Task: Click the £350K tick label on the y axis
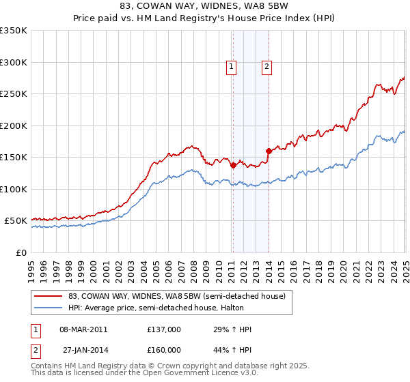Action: (14, 31)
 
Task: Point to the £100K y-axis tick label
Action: (14, 189)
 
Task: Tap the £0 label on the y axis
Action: (21, 252)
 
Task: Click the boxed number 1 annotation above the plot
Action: (232, 67)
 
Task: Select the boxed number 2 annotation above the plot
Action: (266, 67)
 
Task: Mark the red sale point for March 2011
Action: (233, 165)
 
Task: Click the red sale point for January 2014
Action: (269, 151)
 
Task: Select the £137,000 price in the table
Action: (164, 329)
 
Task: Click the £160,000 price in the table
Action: (164, 350)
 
